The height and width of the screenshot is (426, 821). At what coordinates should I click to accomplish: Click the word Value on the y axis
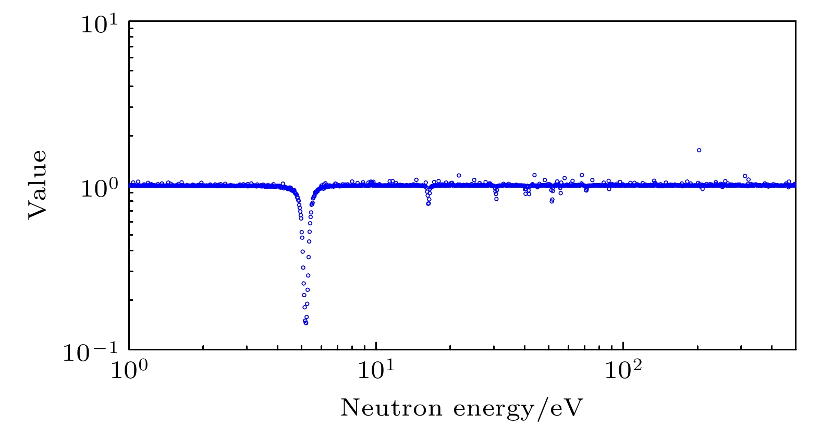click(38, 185)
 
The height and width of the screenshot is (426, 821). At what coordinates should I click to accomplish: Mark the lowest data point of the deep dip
click(306, 323)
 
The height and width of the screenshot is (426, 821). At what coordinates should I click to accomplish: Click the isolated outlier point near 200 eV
click(699, 150)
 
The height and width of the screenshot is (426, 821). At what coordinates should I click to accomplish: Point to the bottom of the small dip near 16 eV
click(428, 203)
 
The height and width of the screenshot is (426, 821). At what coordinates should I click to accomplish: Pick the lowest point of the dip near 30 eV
click(496, 199)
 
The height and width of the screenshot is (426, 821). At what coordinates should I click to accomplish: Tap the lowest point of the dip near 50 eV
click(552, 201)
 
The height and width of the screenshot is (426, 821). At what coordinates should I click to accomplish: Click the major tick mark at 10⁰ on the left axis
click(131, 185)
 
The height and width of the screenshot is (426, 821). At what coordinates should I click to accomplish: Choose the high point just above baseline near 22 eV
click(459, 175)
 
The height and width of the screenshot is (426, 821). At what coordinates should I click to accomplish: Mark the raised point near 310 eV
click(745, 176)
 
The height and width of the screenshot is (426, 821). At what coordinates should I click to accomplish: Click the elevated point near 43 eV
click(534, 175)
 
